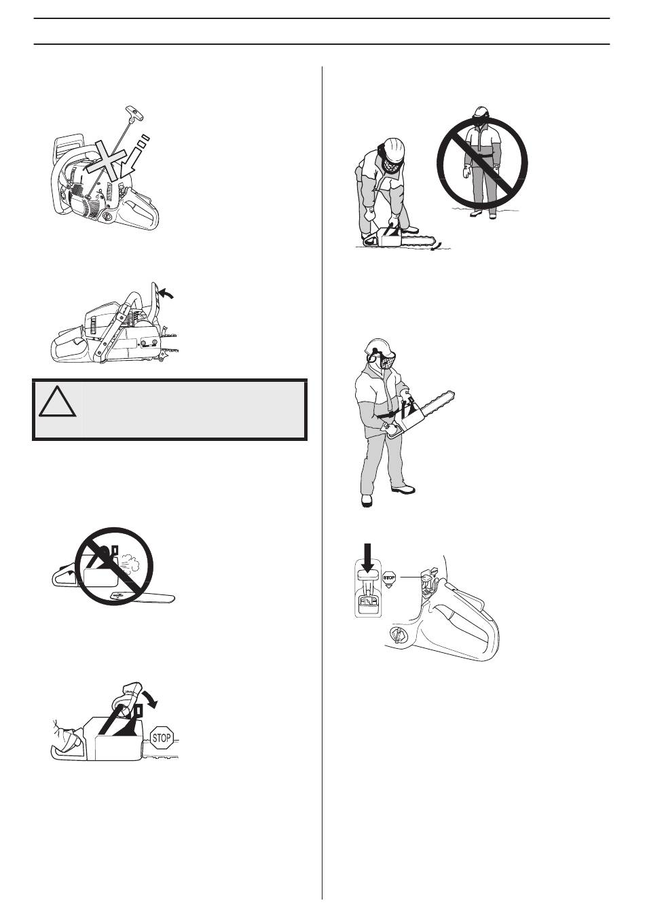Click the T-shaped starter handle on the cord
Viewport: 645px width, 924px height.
tap(132, 112)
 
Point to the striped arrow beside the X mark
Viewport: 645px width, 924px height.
tap(133, 158)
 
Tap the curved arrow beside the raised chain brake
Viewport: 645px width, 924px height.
tap(167, 293)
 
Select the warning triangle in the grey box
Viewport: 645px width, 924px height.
tap(57, 401)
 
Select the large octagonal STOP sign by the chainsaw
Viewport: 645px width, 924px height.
tap(161, 737)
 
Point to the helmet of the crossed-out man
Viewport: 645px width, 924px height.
tap(481, 112)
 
